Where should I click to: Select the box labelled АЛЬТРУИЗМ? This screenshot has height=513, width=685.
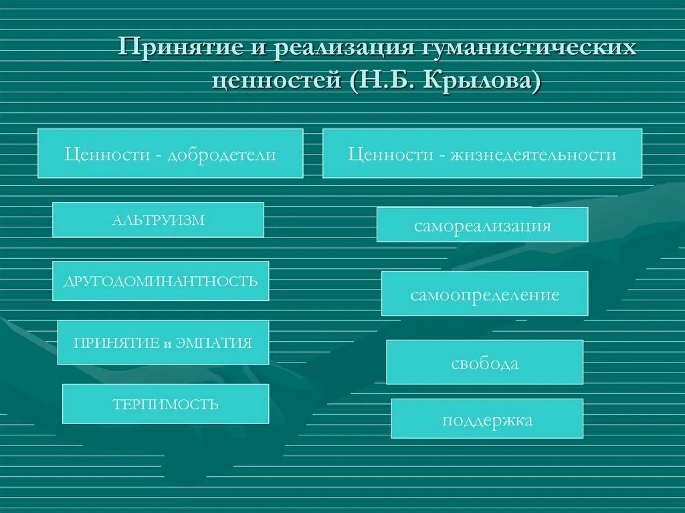pos(158,220)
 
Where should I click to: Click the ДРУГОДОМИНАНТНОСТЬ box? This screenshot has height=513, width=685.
pos(161,281)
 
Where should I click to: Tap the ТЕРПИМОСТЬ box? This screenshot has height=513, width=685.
pos(165,404)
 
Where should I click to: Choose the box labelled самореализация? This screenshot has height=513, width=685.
pos(482,225)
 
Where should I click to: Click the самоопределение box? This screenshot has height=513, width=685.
pos(484,294)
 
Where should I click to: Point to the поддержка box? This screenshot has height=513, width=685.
pos(487,419)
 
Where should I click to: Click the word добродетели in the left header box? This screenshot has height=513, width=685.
pos(222,154)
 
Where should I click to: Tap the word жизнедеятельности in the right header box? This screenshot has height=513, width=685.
pos(533,154)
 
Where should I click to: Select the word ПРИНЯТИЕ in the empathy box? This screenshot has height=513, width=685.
pos(116,343)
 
